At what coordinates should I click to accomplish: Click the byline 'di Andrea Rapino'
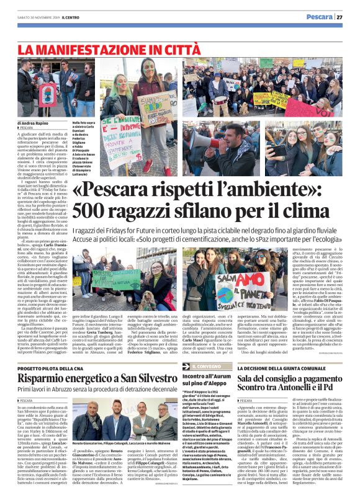(x=35, y=123)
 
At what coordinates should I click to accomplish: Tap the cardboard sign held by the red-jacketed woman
(x=156, y=109)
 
